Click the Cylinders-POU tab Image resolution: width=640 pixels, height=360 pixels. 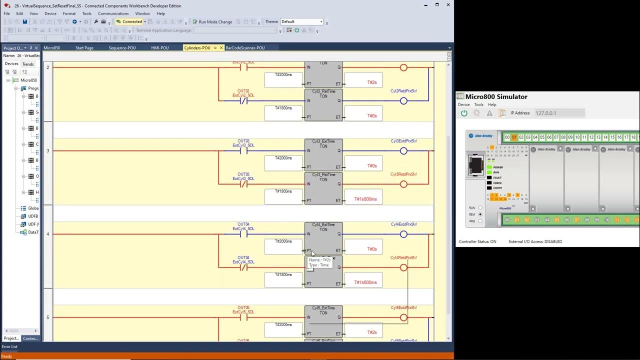[197, 48]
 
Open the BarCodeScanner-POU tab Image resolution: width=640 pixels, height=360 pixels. [245, 48]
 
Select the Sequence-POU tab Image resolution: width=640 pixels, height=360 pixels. [122, 48]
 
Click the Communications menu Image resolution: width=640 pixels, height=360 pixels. [113, 13]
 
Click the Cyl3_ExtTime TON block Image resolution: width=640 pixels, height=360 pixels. [323, 155]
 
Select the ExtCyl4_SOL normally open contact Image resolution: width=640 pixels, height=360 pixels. [243, 234]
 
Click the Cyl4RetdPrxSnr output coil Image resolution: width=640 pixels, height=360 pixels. [403, 267]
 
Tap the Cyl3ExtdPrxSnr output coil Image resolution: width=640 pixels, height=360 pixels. [403, 151]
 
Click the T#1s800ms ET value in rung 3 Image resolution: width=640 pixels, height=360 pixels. [365, 199]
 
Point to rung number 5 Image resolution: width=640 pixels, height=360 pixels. [48, 317]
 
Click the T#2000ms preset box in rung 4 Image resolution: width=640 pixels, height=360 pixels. [283, 245]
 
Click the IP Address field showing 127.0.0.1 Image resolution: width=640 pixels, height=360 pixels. [559, 113]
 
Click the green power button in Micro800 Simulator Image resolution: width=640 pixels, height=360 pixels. [464, 113]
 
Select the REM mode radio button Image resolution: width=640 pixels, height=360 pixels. [480, 214]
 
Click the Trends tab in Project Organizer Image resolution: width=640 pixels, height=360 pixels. [28, 64]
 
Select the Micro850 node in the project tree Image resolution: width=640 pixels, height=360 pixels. [28, 80]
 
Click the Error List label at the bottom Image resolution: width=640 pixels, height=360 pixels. [9, 346]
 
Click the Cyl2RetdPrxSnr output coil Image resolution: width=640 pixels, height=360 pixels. [403, 101]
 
